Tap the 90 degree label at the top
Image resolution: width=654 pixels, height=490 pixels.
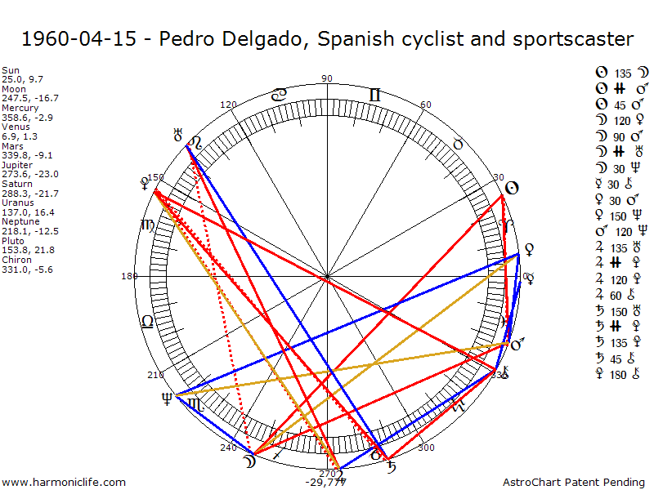point(328,78)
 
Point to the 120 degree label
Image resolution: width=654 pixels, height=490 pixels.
point(228,105)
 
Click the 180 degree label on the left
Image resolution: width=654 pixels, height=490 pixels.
point(129,276)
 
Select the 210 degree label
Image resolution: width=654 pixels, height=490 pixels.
point(155,375)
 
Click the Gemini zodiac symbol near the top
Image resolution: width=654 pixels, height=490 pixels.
point(374,95)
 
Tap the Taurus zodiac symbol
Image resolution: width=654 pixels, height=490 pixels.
point(459,144)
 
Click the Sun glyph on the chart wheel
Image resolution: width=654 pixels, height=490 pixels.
point(512,189)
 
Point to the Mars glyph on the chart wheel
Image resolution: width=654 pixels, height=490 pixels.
point(517,345)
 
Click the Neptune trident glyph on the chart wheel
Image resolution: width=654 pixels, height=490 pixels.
point(168,399)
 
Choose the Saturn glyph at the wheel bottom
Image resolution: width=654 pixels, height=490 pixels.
point(393,467)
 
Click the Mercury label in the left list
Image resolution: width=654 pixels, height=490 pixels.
point(16,107)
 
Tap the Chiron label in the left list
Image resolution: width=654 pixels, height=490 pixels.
point(15,259)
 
